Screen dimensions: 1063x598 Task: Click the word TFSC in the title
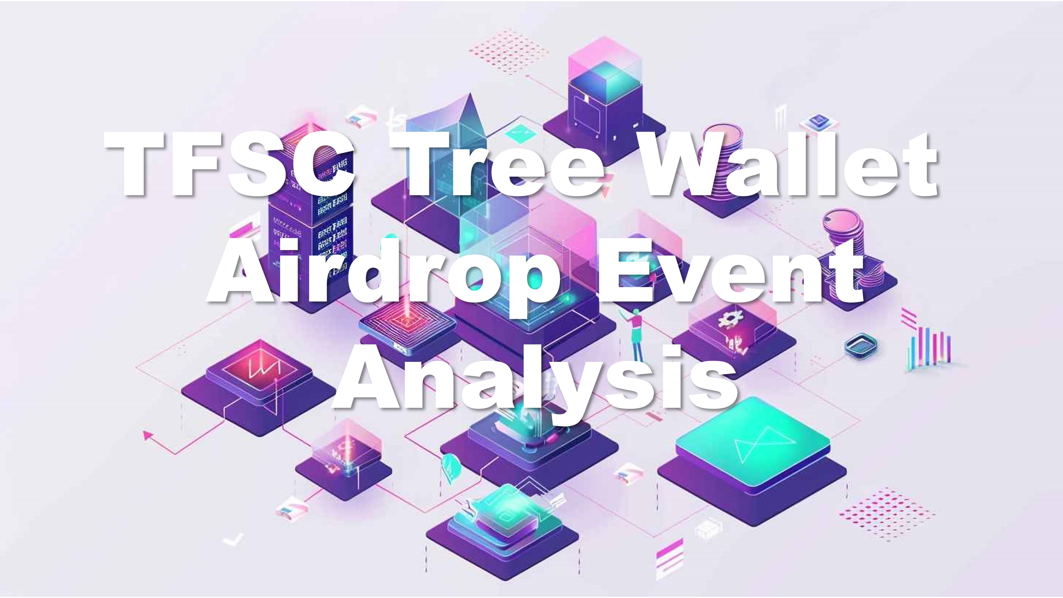click(x=229, y=164)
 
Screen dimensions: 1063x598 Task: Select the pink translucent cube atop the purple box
click(x=605, y=68)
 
